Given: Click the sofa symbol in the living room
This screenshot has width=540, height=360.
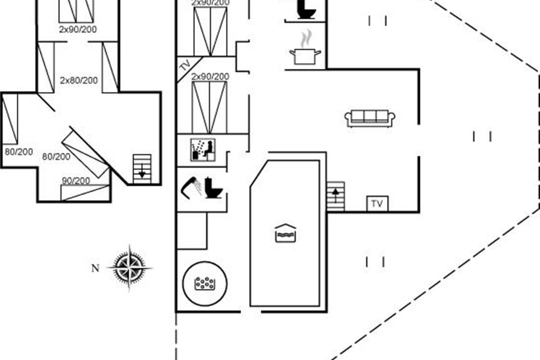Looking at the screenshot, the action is click(370, 118).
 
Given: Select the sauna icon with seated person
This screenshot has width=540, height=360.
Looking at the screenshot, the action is click(203, 150).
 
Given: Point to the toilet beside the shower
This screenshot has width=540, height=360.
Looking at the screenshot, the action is click(214, 188).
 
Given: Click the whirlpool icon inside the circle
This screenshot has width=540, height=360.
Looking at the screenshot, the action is click(205, 283).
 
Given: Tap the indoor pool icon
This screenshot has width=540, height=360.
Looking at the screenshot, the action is click(285, 233).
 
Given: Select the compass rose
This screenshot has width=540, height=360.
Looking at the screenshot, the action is click(130, 267).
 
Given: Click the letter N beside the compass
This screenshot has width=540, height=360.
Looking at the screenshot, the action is click(95, 268).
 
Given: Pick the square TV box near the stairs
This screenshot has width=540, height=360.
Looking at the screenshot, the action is click(377, 203).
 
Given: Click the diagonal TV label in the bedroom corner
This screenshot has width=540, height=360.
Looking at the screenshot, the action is click(186, 65).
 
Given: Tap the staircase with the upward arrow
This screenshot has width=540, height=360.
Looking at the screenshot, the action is click(336, 196).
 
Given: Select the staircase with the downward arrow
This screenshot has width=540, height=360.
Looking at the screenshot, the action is click(142, 169).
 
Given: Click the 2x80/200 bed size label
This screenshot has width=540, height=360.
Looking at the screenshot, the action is click(79, 80).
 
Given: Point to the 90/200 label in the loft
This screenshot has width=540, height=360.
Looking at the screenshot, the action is click(76, 180).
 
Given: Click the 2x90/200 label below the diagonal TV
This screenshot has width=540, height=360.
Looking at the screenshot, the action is click(210, 76).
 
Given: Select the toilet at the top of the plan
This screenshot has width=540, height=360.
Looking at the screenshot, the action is click(306, 9).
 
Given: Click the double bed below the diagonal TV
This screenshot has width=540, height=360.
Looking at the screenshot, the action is click(210, 107).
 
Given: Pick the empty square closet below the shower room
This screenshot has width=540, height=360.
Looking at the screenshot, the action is click(192, 230).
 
